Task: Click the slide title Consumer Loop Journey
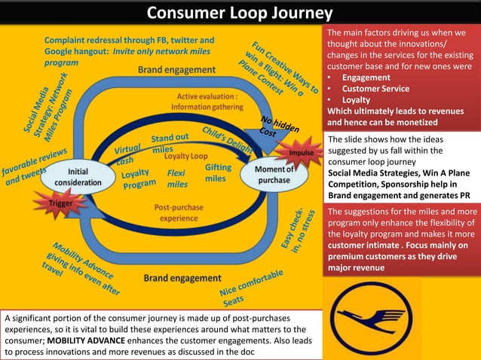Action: coord(239,13)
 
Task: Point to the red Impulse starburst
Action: coord(300,153)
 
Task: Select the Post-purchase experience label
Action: coord(179,212)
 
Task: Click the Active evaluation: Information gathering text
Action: coord(207,102)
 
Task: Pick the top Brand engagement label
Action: coord(176,69)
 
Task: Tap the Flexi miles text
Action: coord(178,178)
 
